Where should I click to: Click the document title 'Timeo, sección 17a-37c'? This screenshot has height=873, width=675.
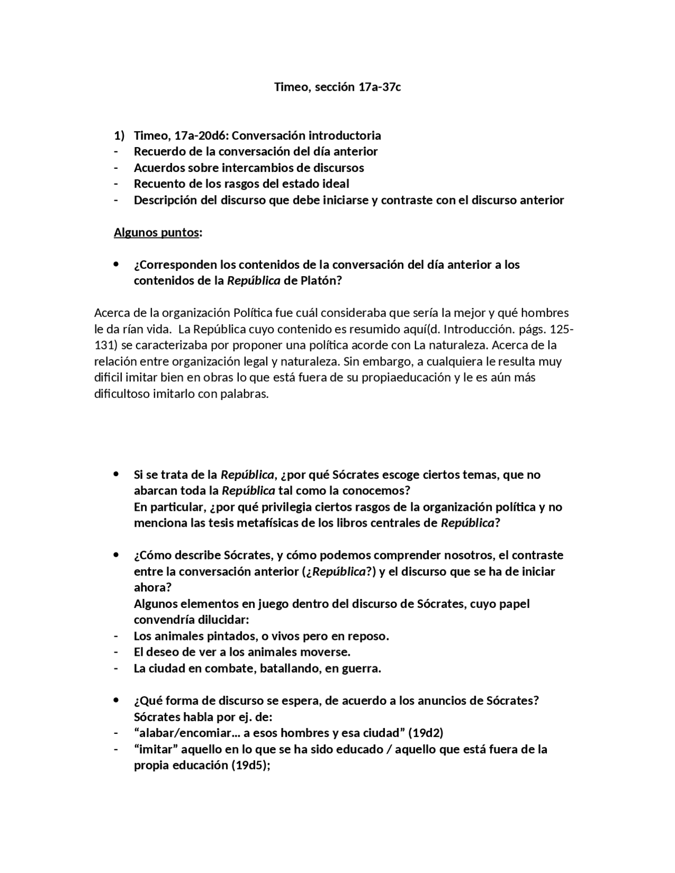tap(337, 87)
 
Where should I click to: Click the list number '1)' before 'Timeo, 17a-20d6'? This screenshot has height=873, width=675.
tap(119, 135)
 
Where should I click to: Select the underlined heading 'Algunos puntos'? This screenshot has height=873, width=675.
tap(156, 232)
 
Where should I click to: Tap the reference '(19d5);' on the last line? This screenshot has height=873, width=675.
tap(251, 765)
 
